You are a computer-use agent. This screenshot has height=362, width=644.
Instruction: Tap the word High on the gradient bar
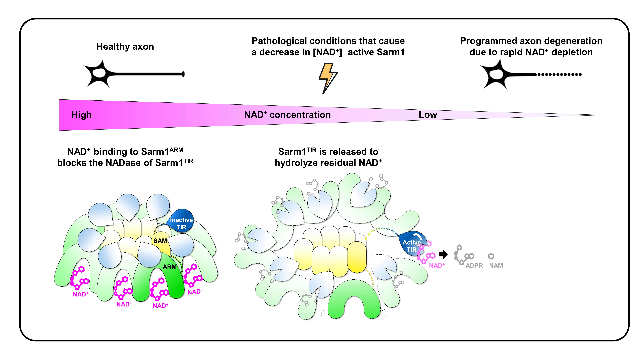point(81,115)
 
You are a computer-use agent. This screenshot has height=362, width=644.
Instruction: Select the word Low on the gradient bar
point(428,115)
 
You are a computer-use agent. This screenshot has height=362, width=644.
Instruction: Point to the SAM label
point(160,241)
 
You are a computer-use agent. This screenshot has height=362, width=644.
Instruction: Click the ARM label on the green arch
point(170,267)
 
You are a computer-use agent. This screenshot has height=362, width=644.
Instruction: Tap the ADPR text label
point(474,266)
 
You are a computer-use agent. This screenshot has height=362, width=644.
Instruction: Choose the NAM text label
point(496,266)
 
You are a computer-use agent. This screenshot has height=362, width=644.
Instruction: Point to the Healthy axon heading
point(125,47)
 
